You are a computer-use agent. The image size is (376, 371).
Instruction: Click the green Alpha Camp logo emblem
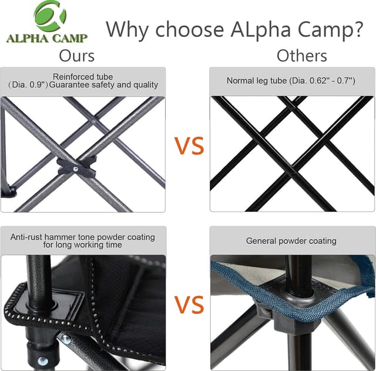click(50, 16)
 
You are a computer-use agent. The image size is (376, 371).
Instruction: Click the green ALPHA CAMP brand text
click(47, 39)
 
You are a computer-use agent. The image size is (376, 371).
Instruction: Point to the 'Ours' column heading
click(77, 56)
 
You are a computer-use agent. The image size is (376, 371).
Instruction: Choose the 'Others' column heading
click(301, 56)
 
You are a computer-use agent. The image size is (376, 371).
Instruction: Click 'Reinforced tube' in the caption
click(83, 77)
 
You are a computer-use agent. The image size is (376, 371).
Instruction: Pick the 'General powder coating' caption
click(291, 241)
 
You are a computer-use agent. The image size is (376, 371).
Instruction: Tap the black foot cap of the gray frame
click(8, 190)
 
